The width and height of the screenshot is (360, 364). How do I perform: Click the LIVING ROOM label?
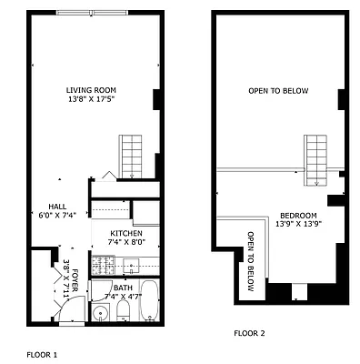(91, 89)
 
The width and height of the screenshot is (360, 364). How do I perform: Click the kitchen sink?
(131, 267)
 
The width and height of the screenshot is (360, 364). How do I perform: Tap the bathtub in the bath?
(150, 302)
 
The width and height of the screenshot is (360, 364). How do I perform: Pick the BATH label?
(122, 288)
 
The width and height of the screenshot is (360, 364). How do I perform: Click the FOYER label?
(75, 284)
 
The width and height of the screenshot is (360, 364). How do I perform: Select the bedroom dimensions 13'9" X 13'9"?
(298, 223)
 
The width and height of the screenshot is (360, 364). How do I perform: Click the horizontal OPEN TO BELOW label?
(278, 91)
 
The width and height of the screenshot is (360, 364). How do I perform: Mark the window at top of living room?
(92, 12)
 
